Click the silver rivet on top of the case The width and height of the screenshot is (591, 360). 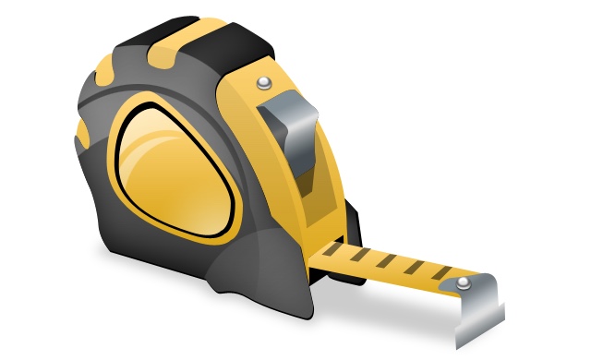tap(265, 84)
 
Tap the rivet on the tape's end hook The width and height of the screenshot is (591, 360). tap(461, 282)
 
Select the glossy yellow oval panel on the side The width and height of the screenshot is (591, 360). tap(171, 171)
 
